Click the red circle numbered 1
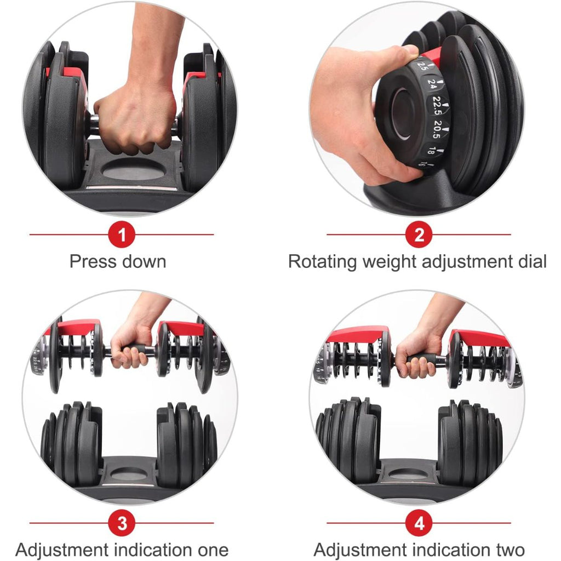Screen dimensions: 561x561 tap(122, 234)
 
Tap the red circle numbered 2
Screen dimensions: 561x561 tap(419, 234)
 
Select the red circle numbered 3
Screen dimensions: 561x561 tap(122, 523)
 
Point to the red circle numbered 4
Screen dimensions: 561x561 tap(419, 523)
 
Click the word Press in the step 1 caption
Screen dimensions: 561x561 tap(91, 261)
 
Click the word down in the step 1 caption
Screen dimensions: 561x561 tap(143, 261)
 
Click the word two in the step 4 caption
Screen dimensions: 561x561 tap(510, 549)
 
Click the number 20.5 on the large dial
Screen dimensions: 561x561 tap(437, 129)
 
